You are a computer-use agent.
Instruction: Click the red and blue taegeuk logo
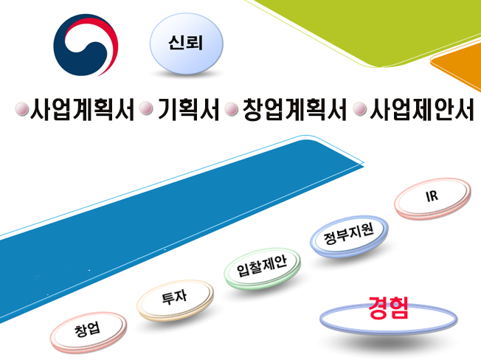point(86,45)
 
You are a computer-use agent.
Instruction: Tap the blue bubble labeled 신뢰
point(186,44)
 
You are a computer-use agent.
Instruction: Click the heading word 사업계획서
point(82,109)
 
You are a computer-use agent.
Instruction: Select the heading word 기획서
point(188,109)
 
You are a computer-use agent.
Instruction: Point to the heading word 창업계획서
point(294,109)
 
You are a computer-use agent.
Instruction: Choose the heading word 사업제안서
point(422,109)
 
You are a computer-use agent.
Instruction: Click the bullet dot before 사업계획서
point(22,109)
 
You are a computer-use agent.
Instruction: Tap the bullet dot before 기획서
point(146,108)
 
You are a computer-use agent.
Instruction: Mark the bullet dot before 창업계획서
point(232,109)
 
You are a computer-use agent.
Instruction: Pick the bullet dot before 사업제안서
point(360,109)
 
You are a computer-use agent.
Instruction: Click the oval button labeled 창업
point(89,332)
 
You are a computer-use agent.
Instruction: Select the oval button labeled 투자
point(175,300)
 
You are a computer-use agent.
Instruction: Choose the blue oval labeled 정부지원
point(349,235)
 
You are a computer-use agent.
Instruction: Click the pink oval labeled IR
point(432,198)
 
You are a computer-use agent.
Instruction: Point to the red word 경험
point(388,308)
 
